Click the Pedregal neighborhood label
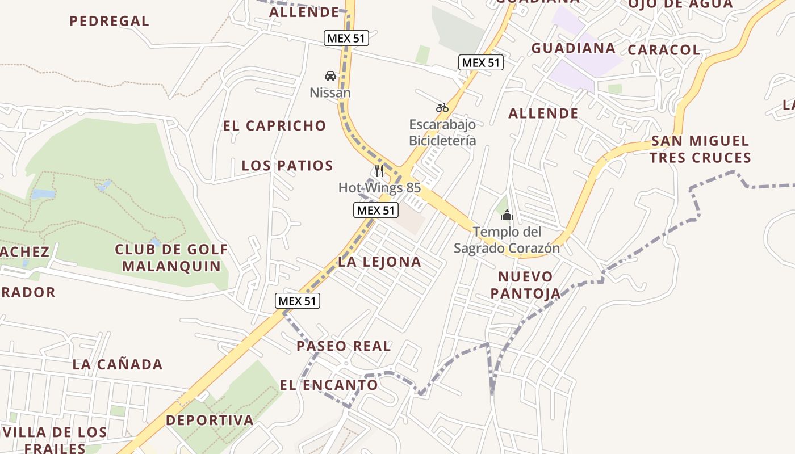(109, 22)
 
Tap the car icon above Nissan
(330, 76)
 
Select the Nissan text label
(330, 93)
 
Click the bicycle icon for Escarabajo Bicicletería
(442, 108)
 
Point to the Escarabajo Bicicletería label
(442, 132)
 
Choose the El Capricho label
(275, 126)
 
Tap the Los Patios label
(287, 166)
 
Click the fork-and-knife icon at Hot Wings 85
(379, 171)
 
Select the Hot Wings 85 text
(379, 187)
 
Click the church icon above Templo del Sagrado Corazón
(507, 215)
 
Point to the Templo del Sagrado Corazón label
(507, 240)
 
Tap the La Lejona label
(379, 262)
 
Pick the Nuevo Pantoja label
(525, 285)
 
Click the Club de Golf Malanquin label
(171, 258)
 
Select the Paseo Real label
(344, 346)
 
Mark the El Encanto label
(329, 385)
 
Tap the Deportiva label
(210, 421)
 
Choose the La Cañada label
(118, 364)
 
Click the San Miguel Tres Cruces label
(700, 149)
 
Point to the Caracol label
(664, 50)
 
